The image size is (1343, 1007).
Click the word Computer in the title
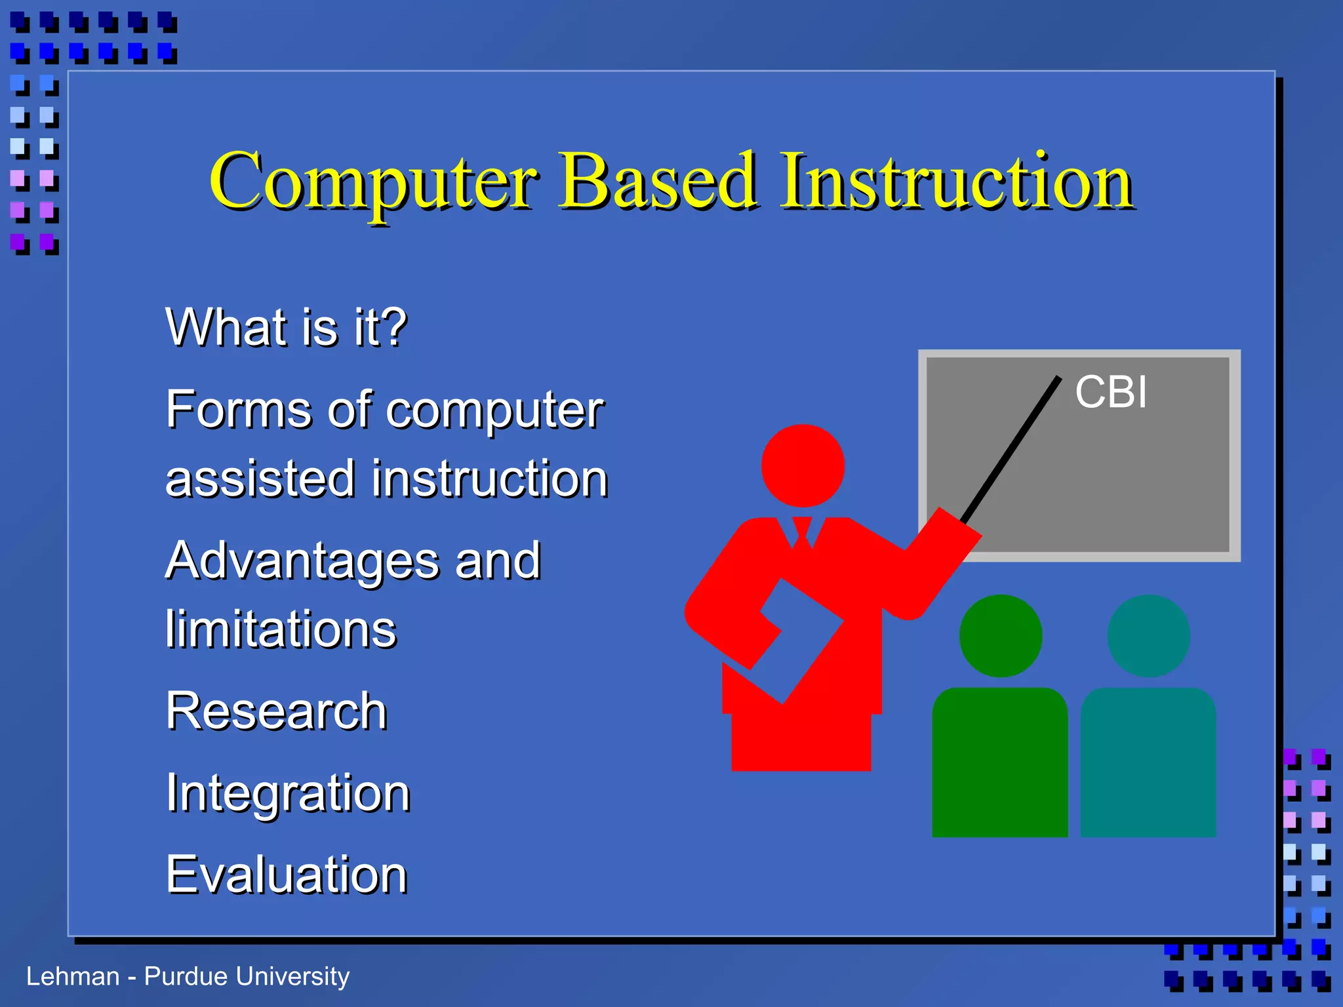coord(374,184)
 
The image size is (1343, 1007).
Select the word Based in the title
coord(658,180)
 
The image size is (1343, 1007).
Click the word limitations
coord(281,629)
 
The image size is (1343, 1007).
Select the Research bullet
coord(277,711)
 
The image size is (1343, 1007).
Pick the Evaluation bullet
coord(287,875)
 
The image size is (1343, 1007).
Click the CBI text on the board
coord(1111,392)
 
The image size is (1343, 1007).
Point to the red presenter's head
coord(803,465)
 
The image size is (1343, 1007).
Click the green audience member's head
coord(1001,636)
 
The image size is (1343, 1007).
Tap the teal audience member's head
coord(1149,636)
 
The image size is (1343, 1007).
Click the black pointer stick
coord(1011,450)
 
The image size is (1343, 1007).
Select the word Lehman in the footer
coord(73,976)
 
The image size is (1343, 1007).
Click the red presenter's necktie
coord(802,533)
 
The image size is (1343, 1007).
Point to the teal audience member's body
coord(1148,762)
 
